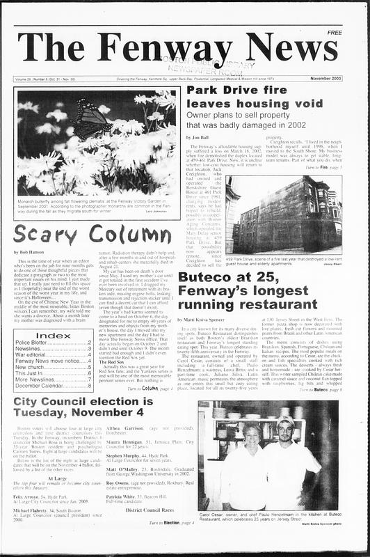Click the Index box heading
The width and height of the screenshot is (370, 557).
(x=53, y=336)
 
